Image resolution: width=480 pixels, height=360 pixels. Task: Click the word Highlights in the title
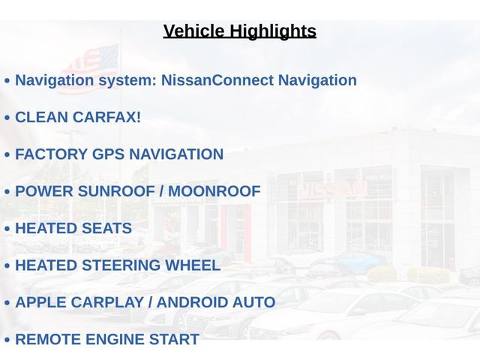(x=273, y=31)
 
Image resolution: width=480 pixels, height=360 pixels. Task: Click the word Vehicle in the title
(x=193, y=31)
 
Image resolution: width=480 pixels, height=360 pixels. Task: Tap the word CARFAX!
(x=106, y=117)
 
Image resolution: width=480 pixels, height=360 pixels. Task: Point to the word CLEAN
(x=42, y=117)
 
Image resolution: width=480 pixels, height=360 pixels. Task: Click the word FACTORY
(x=51, y=154)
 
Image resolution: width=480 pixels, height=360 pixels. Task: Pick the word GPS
(x=108, y=154)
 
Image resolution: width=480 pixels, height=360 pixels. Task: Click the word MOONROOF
(x=214, y=191)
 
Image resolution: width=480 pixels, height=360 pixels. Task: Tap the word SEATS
(x=106, y=228)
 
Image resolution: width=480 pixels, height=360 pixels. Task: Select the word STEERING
(x=121, y=265)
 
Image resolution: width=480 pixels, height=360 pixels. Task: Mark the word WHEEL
(x=193, y=265)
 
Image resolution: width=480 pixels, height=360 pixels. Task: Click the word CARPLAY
(x=107, y=302)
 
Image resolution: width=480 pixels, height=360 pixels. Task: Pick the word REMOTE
(x=48, y=340)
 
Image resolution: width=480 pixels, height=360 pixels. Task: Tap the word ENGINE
(x=115, y=340)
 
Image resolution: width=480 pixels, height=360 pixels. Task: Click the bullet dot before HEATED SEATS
(x=7, y=229)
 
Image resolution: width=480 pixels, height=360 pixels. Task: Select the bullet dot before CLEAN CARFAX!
(x=7, y=118)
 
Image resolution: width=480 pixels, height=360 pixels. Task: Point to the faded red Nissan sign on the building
(x=332, y=190)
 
